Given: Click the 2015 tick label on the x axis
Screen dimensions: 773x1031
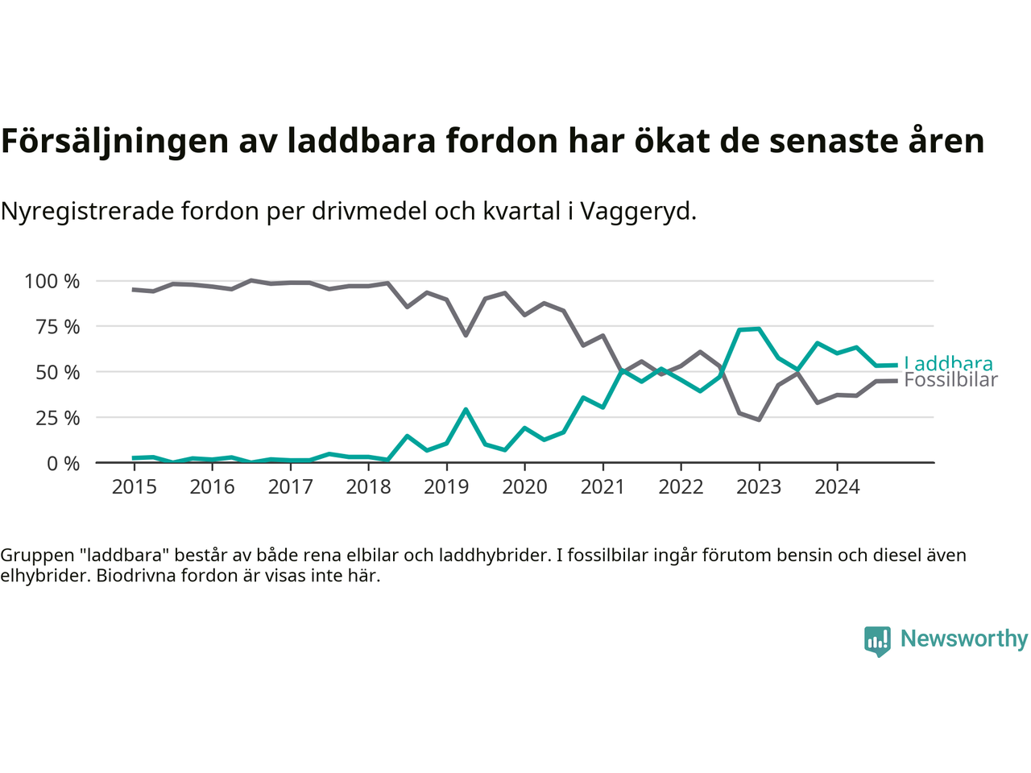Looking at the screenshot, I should (134, 487).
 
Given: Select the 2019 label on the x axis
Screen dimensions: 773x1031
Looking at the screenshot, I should (446, 487).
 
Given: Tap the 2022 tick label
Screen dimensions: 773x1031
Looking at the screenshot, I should (681, 487).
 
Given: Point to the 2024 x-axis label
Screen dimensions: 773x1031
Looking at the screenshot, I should (837, 487).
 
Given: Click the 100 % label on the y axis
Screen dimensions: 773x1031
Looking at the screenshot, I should (52, 281).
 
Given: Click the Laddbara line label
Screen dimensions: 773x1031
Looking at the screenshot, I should (948, 363).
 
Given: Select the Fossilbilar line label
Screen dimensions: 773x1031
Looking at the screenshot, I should (950, 380).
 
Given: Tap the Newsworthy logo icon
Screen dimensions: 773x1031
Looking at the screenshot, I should (877, 641).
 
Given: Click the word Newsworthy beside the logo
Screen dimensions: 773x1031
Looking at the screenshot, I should (964, 639).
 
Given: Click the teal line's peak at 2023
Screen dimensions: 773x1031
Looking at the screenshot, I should (759, 329).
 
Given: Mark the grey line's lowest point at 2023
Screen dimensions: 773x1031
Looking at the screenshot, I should (759, 420).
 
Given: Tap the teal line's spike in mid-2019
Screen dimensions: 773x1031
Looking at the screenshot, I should (466, 409).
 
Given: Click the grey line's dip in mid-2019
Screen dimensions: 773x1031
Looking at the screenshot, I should (466, 335).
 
